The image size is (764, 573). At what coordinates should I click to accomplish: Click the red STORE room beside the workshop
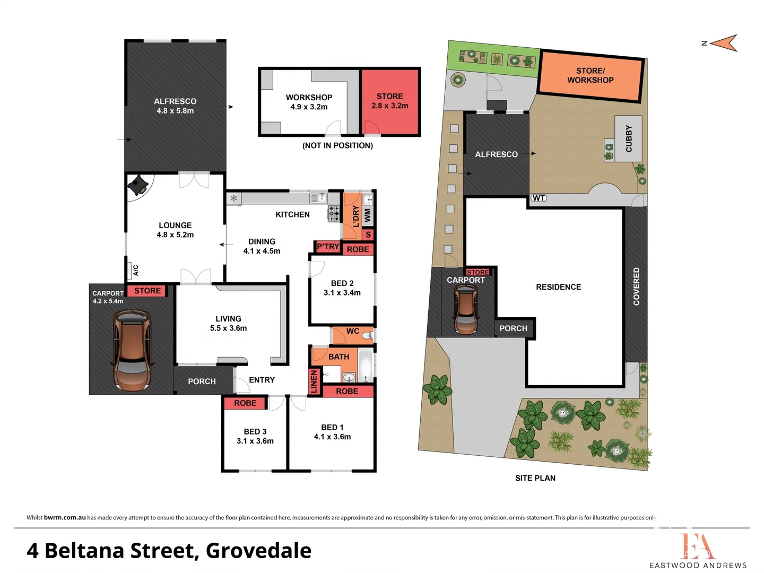390,101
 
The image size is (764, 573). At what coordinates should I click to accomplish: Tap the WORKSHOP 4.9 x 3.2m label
309,102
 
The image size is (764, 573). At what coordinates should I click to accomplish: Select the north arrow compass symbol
723,43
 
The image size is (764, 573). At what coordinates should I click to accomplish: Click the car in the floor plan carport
132,350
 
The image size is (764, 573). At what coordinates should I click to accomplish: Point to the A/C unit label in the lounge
135,271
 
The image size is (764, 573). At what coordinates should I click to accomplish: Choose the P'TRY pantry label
327,247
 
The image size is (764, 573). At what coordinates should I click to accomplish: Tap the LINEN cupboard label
314,381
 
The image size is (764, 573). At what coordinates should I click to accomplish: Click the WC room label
353,331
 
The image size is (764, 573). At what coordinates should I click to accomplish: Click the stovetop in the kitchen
334,213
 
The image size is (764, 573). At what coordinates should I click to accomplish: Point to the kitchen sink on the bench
318,198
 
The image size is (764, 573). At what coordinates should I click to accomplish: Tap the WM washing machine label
367,215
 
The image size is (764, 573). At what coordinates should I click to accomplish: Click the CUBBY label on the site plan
629,138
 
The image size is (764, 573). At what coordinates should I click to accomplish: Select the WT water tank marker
539,198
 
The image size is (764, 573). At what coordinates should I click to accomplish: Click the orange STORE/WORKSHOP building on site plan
591,75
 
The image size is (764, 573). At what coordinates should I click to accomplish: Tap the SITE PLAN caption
535,478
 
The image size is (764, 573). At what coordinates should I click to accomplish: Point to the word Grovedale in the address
258,551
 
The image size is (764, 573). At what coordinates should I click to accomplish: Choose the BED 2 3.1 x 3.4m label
342,288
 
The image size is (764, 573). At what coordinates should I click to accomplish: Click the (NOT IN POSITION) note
337,145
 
